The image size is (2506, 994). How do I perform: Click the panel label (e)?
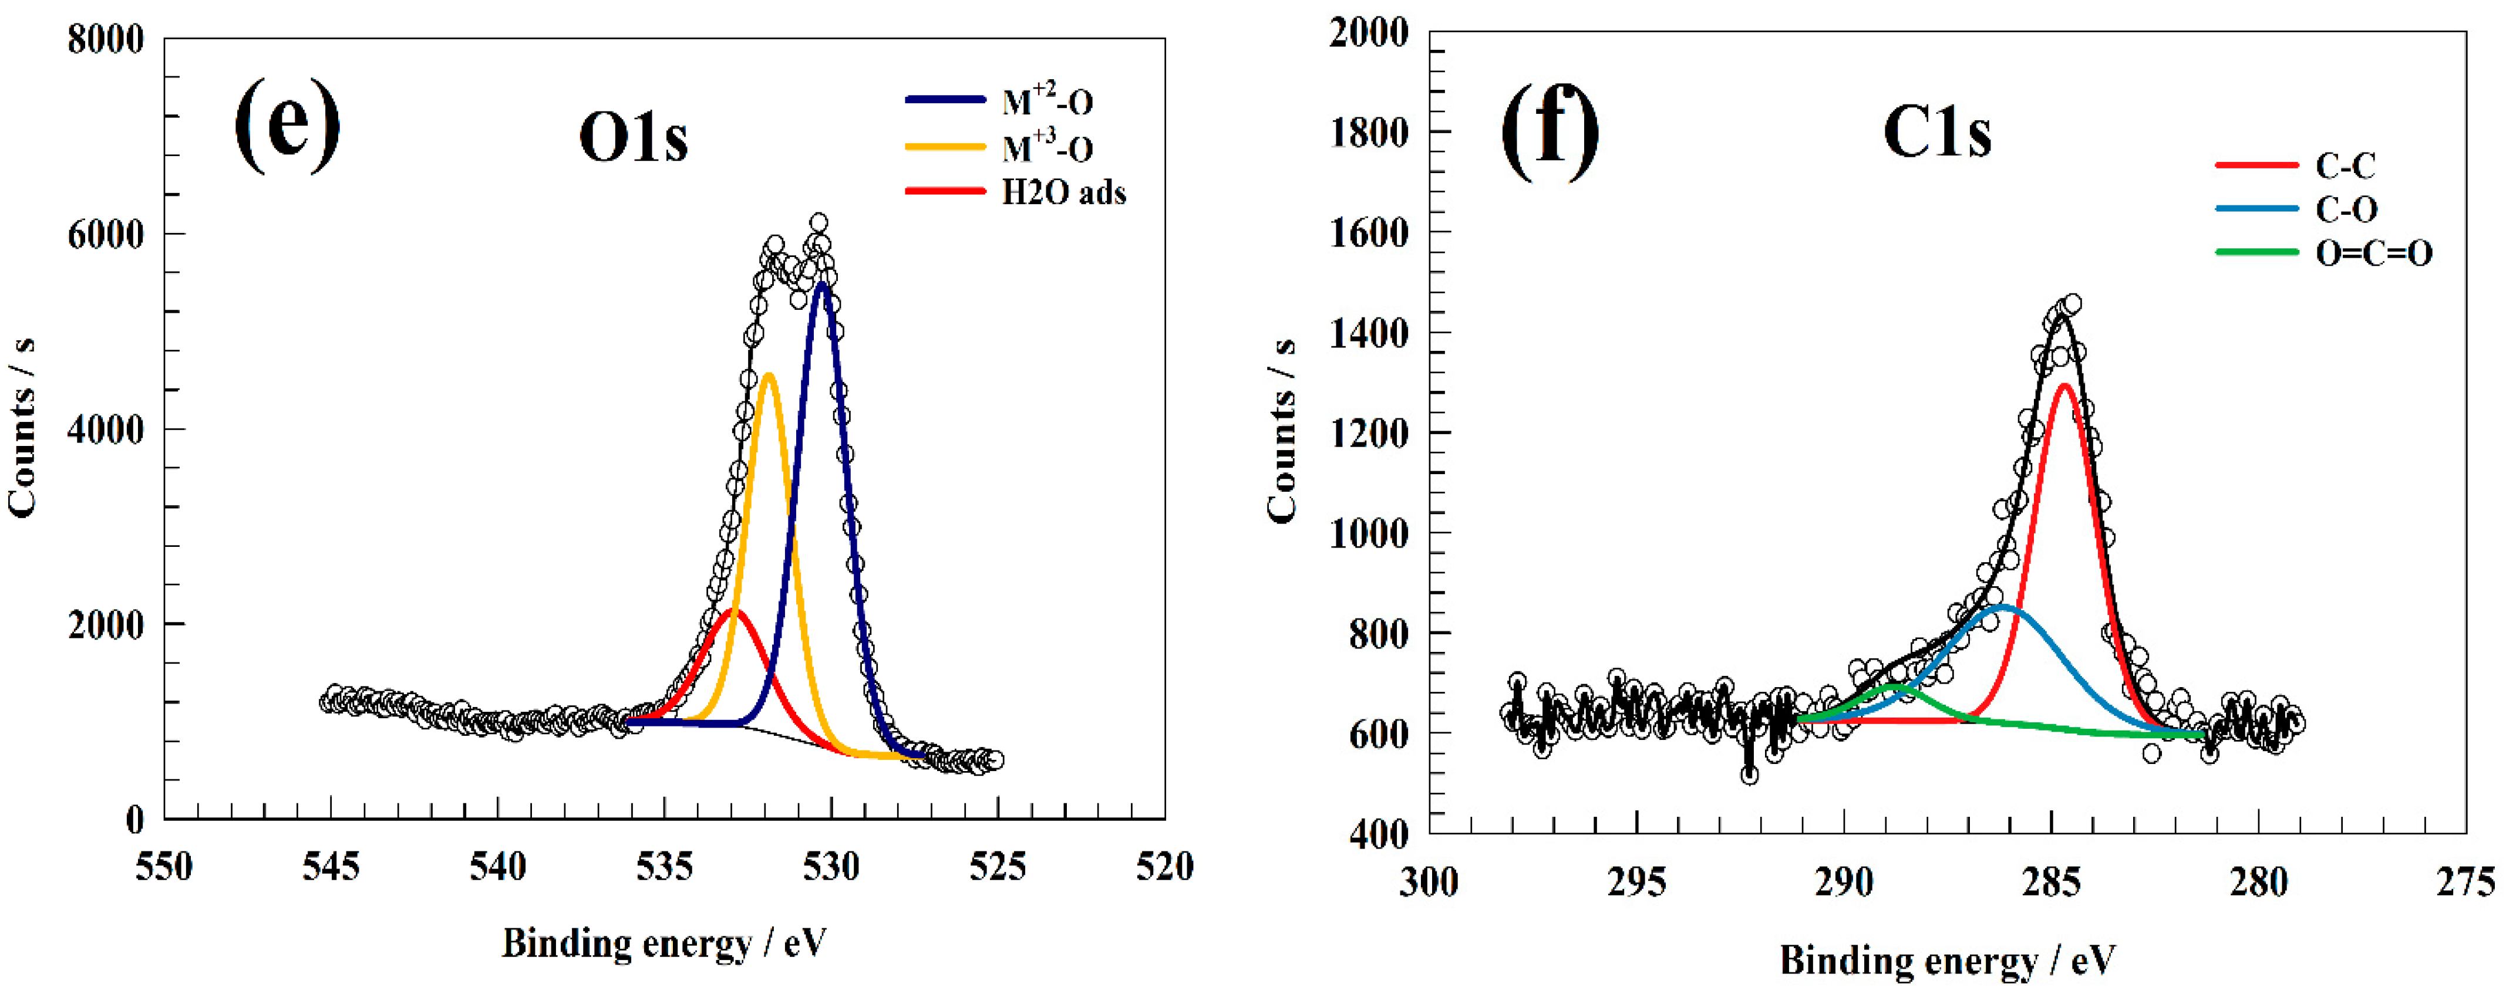(x=287, y=124)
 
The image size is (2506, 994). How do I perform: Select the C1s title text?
(x=1937, y=132)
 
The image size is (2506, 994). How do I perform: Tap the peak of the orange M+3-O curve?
(x=769, y=374)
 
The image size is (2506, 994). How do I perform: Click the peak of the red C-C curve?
(x=2063, y=386)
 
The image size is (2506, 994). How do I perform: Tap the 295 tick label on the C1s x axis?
(x=1636, y=882)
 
